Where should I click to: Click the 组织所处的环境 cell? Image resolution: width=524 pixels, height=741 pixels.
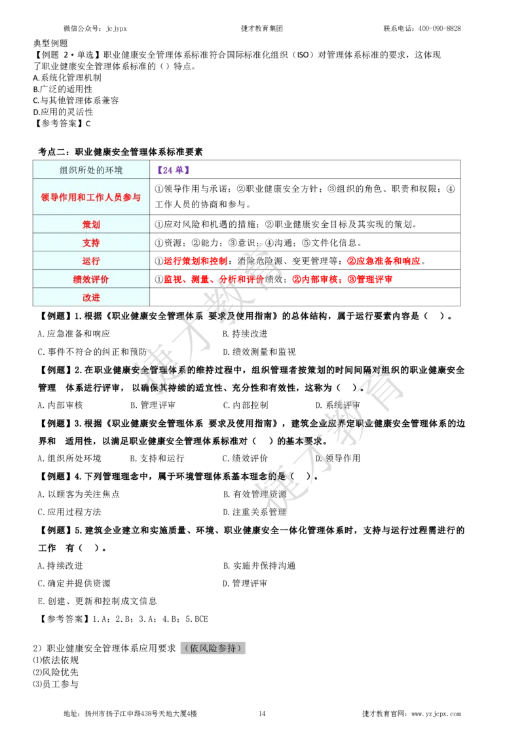point(91,170)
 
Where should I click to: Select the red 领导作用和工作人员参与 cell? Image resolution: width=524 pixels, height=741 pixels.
point(91,197)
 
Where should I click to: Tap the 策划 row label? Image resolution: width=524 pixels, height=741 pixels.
point(91,225)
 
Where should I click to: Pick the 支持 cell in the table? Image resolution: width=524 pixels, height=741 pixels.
point(91,243)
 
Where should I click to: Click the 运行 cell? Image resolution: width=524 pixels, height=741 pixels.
point(91,261)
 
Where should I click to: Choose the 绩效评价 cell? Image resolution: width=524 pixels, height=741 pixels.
point(91,280)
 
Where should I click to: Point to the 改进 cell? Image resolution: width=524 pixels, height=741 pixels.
point(91,297)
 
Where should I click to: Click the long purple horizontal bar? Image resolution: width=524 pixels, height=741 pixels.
point(321,173)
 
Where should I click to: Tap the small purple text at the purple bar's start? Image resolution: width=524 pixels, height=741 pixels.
point(173,170)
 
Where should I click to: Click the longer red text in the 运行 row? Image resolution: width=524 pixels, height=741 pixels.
point(384,261)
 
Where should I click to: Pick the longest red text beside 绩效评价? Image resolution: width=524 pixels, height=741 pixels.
point(213,280)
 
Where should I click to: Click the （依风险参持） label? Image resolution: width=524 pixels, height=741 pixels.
point(212,648)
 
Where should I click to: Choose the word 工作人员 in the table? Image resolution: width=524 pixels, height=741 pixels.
point(104,197)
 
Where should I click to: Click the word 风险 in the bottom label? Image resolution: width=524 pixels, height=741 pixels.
point(207,648)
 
